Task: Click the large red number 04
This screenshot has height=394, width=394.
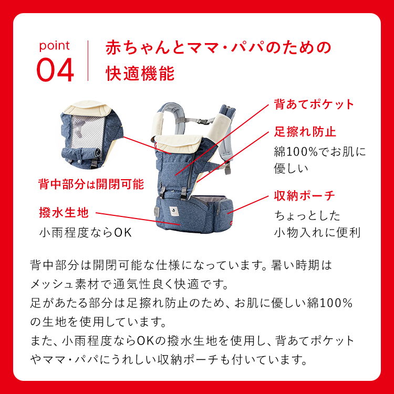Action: (55, 70)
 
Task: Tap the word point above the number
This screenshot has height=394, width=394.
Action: (54, 46)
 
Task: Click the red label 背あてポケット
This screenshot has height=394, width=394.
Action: (314, 104)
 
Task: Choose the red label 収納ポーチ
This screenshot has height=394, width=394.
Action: (304, 196)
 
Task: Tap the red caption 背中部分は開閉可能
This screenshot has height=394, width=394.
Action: (91, 184)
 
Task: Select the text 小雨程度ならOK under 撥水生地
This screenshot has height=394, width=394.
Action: (85, 232)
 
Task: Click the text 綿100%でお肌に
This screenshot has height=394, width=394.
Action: (319, 151)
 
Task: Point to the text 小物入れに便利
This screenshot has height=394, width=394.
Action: (317, 232)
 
